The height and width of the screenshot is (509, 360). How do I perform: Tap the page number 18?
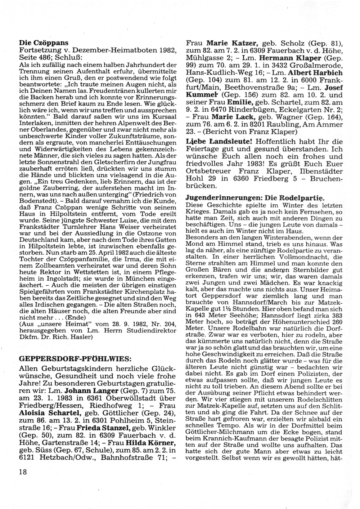pos(24,472)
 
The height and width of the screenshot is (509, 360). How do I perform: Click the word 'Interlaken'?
pos(32,125)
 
